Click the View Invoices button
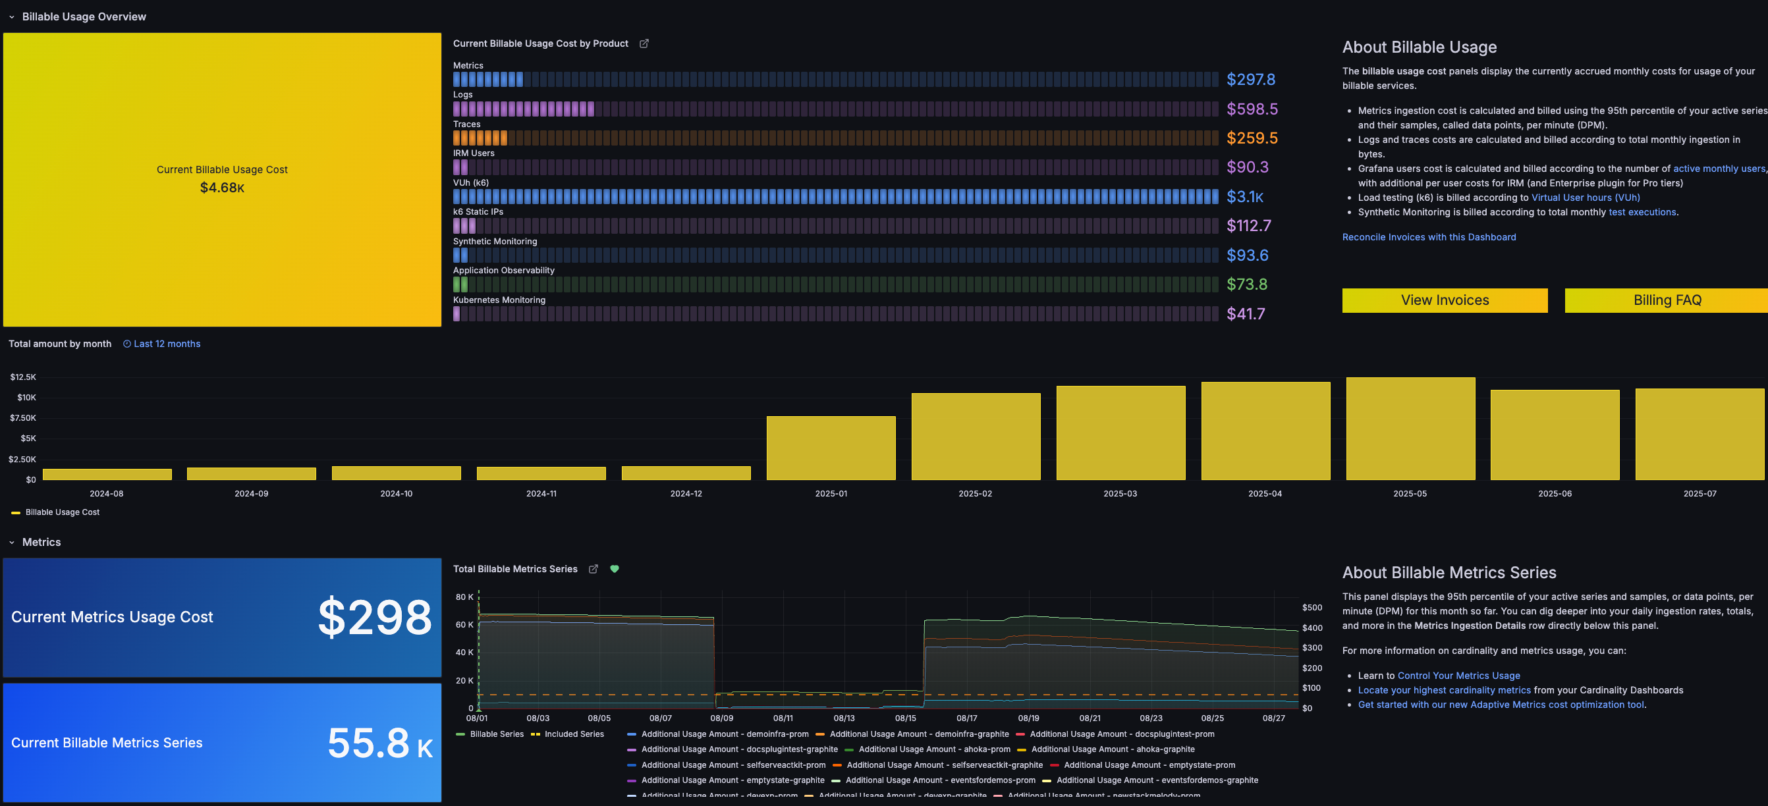pyautogui.click(x=1444, y=300)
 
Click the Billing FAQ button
pyautogui.click(x=1666, y=300)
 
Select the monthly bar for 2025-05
pyautogui.click(x=1410, y=429)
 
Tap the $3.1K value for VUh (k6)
pyautogui.click(x=1244, y=197)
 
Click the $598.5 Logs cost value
pyautogui.click(x=1251, y=109)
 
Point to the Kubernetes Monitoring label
pyautogui.click(x=499, y=300)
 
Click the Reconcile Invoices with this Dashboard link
pyautogui.click(x=1428, y=237)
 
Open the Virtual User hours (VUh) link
pyautogui.click(x=1585, y=198)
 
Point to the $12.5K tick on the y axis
pyautogui.click(x=22, y=377)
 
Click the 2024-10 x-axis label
pyautogui.click(x=396, y=494)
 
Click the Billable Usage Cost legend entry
pyautogui.click(x=62, y=512)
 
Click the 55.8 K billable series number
pyautogui.click(x=379, y=743)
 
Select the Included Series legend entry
pyautogui.click(x=573, y=734)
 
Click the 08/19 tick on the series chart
pyautogui.click(x=1028, y=718)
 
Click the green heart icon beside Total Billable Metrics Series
pyautogui.click(x=615, y=569)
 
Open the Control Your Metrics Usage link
pyautogui.click(x=1458, y=676)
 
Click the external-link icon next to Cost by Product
pyautogui.click(x=644, y=44)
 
